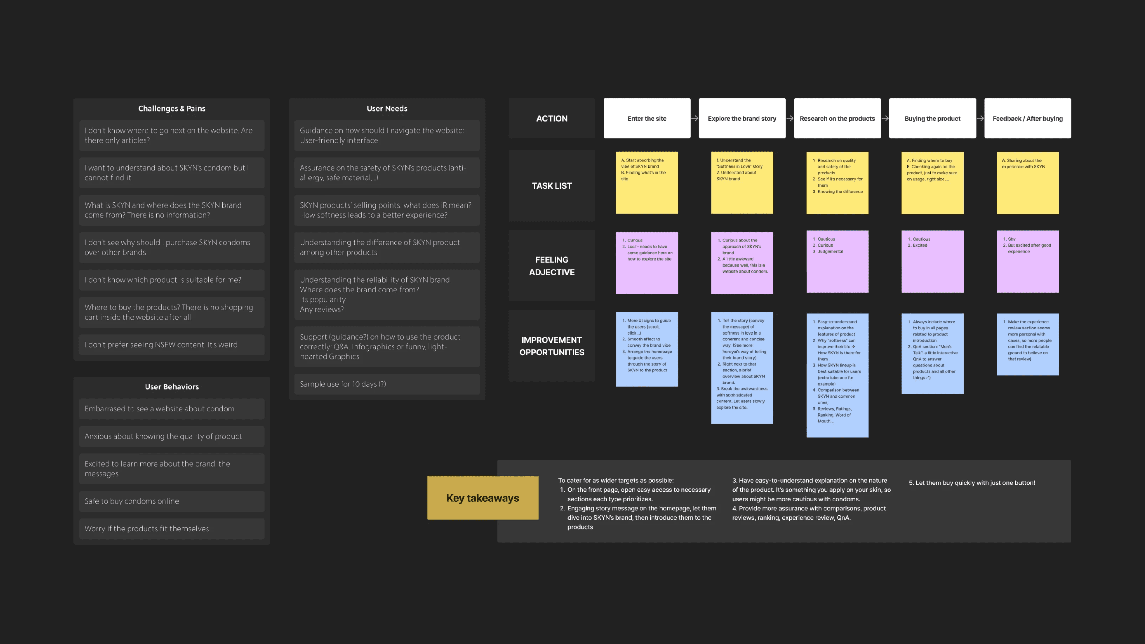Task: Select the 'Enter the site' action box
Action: pyautogui.click(x=647, y=118)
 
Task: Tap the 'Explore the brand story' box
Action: pyautogui.click(x=742, y=118)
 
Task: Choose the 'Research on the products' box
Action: pyautogui.click(x=837, y=118)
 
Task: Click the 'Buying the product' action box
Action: pyautogui.click(x=932, y=118)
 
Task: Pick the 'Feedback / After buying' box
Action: pyautogui.click(x=1027, y=118)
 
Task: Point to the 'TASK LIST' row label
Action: pyautogui.click(x=552, y=186)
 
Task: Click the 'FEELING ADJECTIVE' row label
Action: pyautogui.click(x=552, y=266)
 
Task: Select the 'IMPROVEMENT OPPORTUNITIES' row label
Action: pyautogui.click(x=552, y=346)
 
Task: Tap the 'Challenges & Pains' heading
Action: pyautogui.click(x=171, y=109)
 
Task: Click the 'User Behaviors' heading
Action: pyautogui.click(x=171, y=387)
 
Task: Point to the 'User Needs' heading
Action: pyautogui.click(x=387, y=109)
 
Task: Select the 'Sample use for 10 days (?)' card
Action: pyautogui.click(x=387, y=384)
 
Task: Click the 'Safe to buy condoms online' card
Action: pyautogui.click(x=171, y=501)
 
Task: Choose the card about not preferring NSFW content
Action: pyautogui.click(x=171, y=344)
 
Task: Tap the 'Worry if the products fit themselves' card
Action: pyautogui.click(x=171, y=528)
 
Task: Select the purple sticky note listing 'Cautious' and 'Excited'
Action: pyautogui.click(x=932, y=261)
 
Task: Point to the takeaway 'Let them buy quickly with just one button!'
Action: pyautogui.click(x=972, y=483)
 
